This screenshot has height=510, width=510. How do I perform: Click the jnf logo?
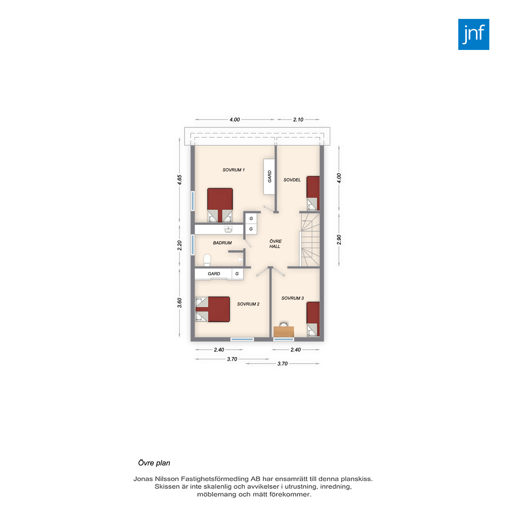click(x=474, y=34)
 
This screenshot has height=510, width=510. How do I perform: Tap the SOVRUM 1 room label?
click(x=234, y=170)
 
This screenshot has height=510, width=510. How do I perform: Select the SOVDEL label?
click(x=292, y=180)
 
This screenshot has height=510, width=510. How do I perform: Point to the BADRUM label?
click(x=222, y=243)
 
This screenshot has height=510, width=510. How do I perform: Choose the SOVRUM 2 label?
click(x=248, y=304)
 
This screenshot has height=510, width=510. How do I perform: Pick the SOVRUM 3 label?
click(x=292, y=298)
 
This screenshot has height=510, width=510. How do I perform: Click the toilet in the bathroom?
click(x=207, y=260)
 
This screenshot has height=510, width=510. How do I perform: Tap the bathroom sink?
click(x=228, y=230)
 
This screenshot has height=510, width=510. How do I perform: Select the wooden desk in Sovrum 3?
click(x=284, y=331)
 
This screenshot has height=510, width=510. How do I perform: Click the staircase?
click(x=310, y=240)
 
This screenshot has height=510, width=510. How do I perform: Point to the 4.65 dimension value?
click(x=180, y=180)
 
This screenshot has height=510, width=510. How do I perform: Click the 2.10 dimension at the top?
click(x=298, y=120)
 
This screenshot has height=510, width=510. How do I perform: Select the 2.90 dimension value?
click(x=339, y=240)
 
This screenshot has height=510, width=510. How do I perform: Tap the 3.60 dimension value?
click(x=180, y=303)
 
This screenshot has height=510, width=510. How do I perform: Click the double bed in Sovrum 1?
click(x=220, y=205)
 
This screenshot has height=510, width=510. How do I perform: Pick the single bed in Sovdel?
click(x=313, y=193)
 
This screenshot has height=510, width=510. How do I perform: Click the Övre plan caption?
click(x=154, y=463)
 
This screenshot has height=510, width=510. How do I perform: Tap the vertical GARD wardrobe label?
click(x=270, y=176)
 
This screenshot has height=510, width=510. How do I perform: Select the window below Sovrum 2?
click(x=242, y=339)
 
